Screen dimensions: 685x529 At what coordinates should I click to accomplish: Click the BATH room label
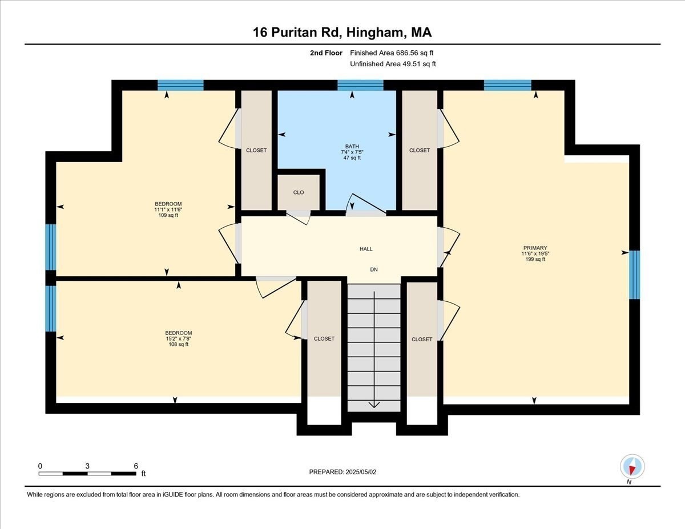pos(352,147)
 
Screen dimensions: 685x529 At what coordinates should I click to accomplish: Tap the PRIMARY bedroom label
pos(535,248)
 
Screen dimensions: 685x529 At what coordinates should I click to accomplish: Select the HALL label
pos(366,249)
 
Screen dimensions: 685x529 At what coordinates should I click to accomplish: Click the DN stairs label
pos(374,269)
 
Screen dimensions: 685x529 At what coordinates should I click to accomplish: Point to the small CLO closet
pos(299,192)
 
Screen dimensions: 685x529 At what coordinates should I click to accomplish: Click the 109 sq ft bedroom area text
pos(168,215)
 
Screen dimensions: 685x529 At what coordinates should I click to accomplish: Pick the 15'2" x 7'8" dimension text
pos(179,339)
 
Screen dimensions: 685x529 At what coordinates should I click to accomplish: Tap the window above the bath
pos(360,85)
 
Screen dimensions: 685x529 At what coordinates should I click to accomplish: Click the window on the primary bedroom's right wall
pos(635,274)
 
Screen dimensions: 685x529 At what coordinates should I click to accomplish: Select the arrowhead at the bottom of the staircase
pos(374,405)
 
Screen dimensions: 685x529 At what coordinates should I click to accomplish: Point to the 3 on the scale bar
pos(87,466)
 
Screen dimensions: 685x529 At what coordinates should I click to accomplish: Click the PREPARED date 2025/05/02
pos(361,472)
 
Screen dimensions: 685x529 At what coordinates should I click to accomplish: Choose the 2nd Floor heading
pos(326,53)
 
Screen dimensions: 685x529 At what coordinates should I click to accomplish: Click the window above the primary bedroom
pos(507,85)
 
